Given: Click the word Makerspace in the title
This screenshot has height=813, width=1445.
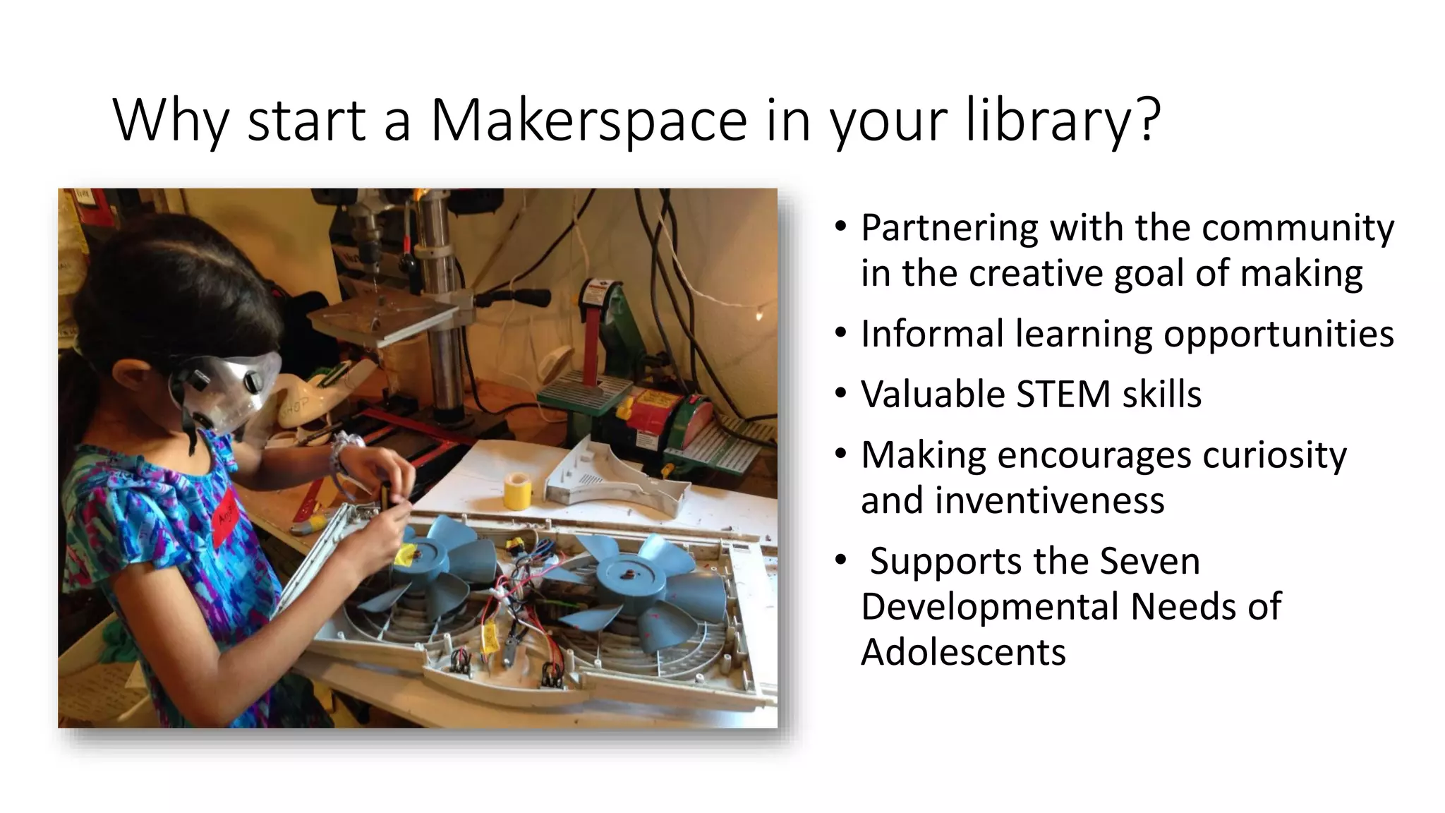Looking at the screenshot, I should point(588,121).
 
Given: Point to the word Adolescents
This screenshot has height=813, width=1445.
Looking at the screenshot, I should point(963,651).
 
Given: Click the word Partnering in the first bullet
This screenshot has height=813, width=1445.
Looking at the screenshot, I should point(948,228).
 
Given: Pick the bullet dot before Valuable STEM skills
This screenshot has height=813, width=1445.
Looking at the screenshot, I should point(840,393).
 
